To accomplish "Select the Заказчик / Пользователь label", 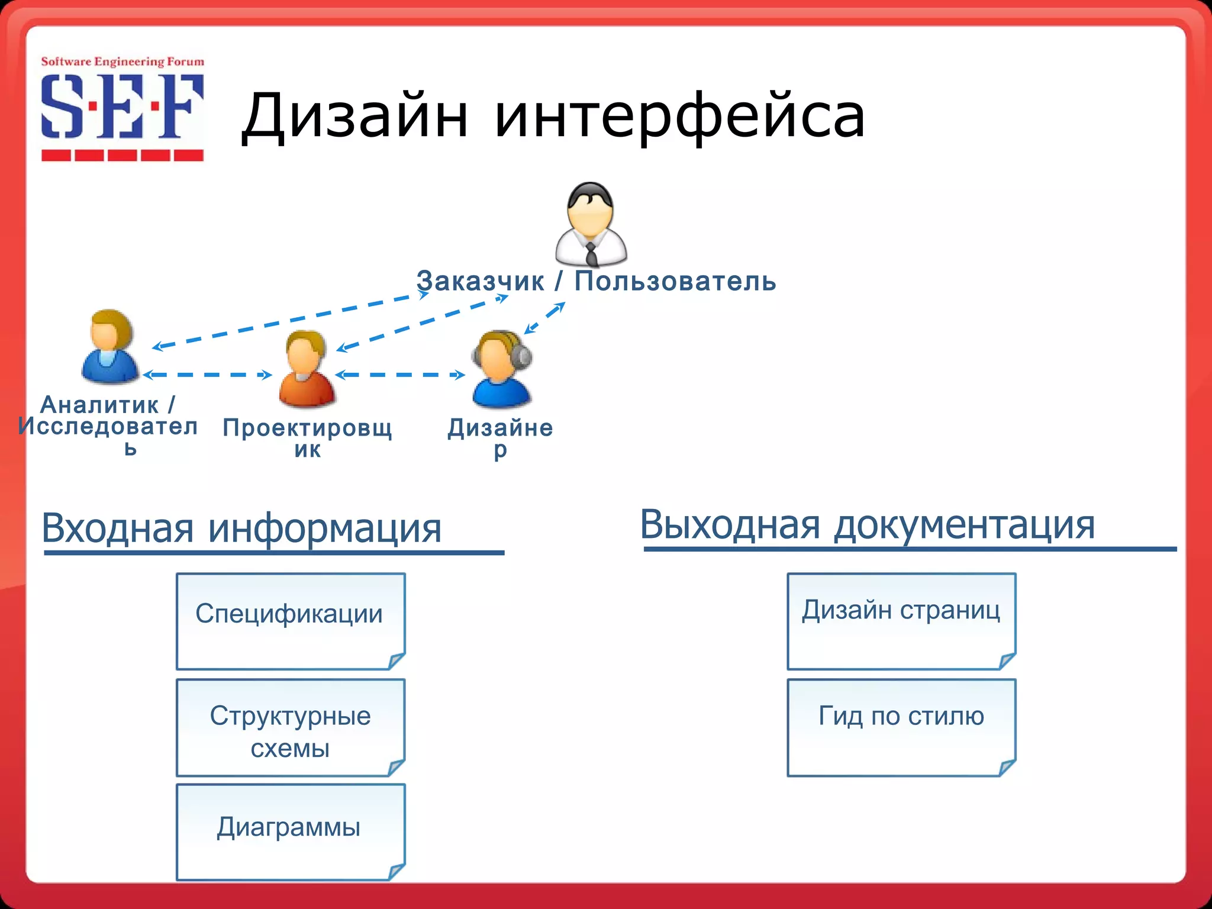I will click(x=596, y=281).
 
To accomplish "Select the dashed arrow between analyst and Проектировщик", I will click(x=207, y=375).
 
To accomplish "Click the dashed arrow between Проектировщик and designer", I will click(x=400, y=375).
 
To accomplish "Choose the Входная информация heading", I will click(x=241, y=528).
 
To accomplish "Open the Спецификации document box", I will click(x=291, y=621).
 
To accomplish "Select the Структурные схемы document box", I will click(x=291, y=727).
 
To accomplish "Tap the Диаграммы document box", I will click(x=291, y=831).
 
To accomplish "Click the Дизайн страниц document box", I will click(x=901, y=621).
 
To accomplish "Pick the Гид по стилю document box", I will click(x=901, y=727).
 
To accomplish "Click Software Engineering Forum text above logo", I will click(x=123, y=62).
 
